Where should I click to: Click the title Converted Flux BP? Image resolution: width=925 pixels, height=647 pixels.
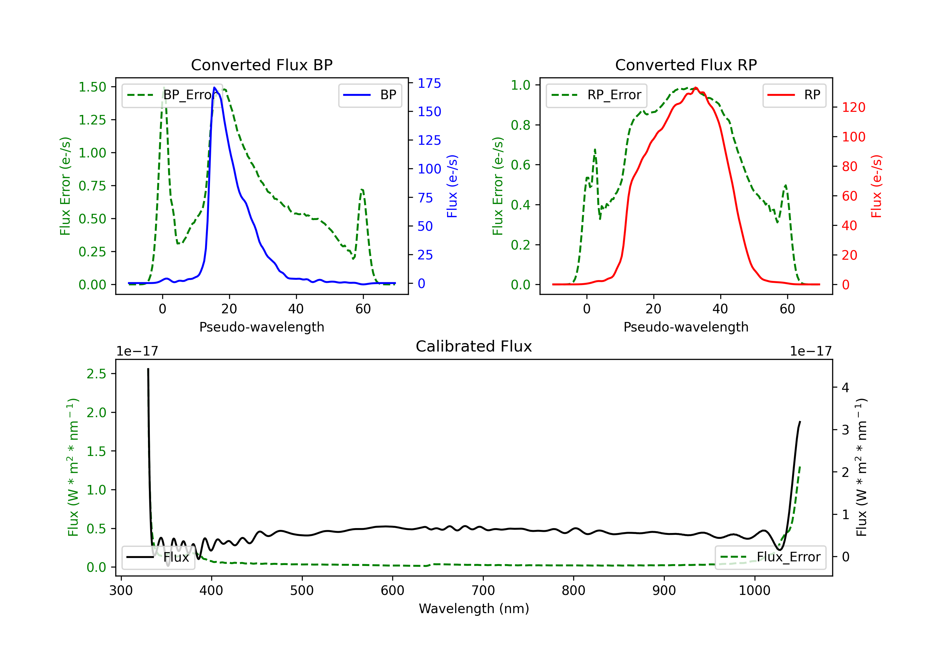tap(261, 65)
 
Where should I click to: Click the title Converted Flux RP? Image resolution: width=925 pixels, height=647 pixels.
tap(686, 65)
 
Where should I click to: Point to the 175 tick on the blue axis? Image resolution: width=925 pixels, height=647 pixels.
tap(429, 83)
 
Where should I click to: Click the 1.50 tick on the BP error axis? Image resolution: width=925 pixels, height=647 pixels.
tap(92, 87)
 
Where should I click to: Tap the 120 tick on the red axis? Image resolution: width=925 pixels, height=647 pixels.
tap(853, 108)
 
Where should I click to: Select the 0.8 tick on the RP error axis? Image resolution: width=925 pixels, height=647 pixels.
tap(520, 125)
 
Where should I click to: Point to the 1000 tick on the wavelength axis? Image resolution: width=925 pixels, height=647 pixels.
tap(754, 591)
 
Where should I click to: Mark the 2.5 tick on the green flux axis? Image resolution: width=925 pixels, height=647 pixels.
tap(96, 374)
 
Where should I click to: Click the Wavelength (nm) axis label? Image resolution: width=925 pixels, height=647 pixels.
tap(474, 608)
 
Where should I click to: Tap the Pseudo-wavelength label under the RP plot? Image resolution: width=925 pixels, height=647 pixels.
tap(686, 327)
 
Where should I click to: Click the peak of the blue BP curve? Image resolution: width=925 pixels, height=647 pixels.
tap(214, 87)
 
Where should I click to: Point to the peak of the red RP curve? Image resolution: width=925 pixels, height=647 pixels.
tap(696, 88)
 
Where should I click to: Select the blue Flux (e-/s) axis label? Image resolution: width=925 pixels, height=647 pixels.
tap(452, 186)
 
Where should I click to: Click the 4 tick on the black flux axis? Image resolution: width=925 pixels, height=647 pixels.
tap(845, 388)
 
